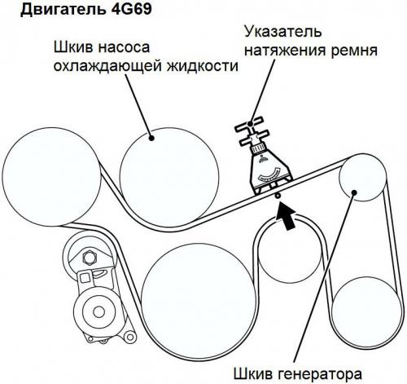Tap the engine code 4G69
132,9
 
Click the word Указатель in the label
283,31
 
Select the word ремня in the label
354,51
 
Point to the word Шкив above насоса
73,47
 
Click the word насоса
124,48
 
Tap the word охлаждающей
107,67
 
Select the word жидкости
203,66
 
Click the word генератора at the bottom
320,374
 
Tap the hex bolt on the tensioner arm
89,258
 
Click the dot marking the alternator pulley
354,192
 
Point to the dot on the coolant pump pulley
151,138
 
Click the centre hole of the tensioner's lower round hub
98,311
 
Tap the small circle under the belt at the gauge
278,196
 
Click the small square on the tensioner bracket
85,278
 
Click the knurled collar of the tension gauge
257,149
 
